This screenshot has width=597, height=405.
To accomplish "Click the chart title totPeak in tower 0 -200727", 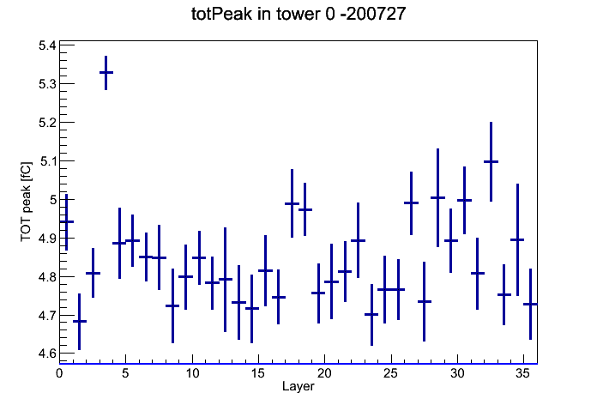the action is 298,14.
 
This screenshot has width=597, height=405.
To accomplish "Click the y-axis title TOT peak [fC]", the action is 27,202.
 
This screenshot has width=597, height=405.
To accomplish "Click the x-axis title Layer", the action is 298,386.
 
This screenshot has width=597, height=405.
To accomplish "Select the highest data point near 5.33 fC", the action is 106,72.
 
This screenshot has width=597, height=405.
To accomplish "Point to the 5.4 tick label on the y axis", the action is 47,45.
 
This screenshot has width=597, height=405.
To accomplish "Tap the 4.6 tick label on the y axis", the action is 47,354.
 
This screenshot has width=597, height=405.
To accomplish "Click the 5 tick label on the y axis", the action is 52,200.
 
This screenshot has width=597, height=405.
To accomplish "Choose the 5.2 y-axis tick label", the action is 47,123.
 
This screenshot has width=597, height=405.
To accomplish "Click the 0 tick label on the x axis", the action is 59,373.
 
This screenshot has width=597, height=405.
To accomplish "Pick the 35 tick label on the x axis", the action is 523,373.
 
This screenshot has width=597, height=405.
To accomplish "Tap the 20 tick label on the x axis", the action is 324,373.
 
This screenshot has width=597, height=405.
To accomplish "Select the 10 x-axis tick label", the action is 192,373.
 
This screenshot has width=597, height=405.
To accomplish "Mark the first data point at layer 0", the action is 66,221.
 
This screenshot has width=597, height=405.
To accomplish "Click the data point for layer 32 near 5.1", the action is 491,162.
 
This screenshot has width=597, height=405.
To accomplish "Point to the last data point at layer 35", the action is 530,304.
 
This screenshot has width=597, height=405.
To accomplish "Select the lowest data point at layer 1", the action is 80,322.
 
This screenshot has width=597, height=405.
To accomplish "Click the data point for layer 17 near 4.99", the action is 292,204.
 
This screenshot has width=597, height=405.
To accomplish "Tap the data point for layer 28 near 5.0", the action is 437,197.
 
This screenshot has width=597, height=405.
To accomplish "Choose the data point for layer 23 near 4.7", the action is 371,315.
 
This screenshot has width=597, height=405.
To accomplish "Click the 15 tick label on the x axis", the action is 258,373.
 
